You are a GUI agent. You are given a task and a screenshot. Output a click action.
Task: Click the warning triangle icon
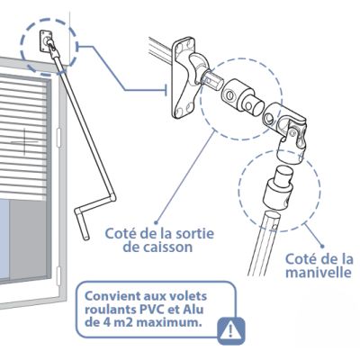231,330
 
